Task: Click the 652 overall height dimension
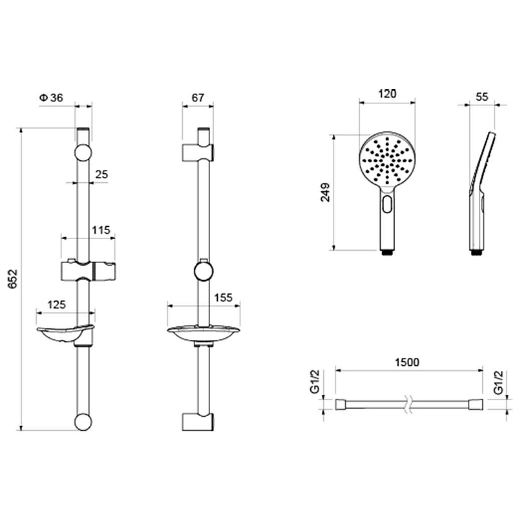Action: [12, 279]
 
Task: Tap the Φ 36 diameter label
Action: [51, 98]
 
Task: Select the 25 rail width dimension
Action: [101, 174]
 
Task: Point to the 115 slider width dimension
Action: [101, 230]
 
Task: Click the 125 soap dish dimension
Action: [56, 304]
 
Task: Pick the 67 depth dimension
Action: [198, 98]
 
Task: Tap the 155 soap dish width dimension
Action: [223, 297]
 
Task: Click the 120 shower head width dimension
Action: [386, 94]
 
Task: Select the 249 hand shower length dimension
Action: [325, 193]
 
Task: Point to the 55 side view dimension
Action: [481, 97]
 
